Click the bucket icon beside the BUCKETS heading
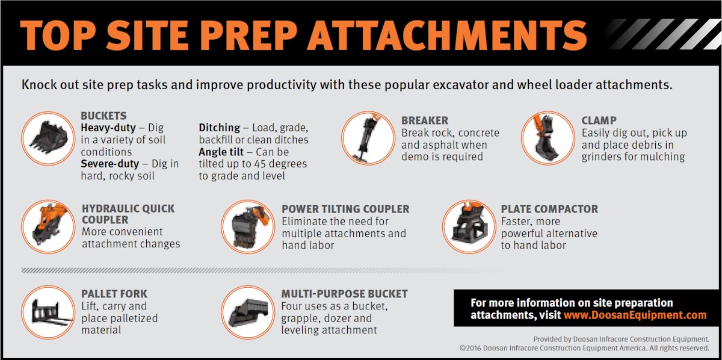47,138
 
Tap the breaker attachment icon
367,138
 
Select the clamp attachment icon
548,138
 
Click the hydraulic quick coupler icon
48,226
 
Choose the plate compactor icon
469,226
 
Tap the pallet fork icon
48,312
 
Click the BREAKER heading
425,120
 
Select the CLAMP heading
599,120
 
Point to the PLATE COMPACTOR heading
549,209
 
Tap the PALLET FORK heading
114,294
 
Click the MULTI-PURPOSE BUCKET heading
344,294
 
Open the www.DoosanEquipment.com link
635,315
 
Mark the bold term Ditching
220,128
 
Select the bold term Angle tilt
222,152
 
